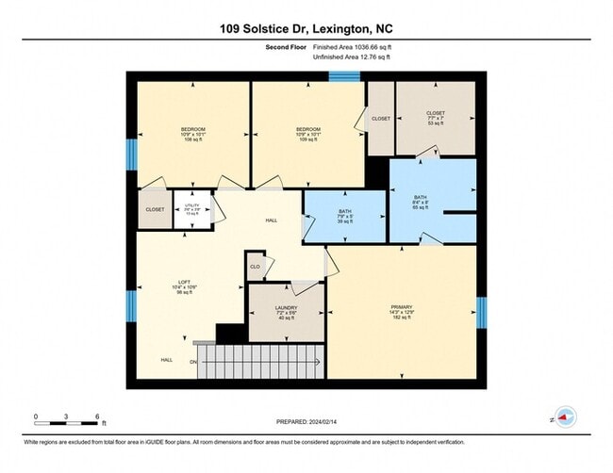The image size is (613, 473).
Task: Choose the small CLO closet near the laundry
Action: (x=255, y=267)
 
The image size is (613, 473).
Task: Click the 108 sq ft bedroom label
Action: (x=192, y=134)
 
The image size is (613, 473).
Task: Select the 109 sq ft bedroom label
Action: (x=306, y=134)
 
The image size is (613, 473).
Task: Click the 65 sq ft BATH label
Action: (x=422, y=202)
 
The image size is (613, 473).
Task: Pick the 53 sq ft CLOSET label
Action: (x=436, y=117)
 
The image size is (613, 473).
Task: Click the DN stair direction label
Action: (x=194, y=360)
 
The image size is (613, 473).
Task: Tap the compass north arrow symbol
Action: (x=563, y=416)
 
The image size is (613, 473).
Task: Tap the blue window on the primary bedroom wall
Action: (x=481, y=313)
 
